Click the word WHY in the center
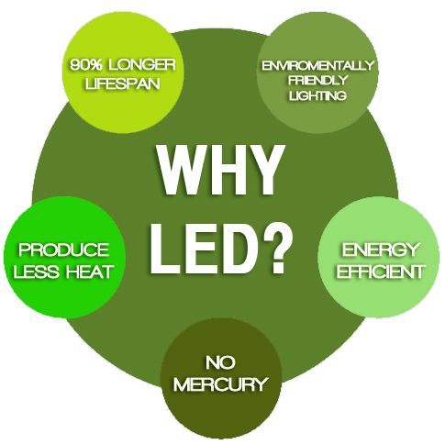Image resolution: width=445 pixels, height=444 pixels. coord(219,171)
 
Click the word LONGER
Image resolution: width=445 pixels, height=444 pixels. coord(141,65)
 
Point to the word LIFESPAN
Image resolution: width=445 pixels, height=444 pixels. coord(123,83)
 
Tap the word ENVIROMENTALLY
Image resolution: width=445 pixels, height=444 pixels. coord(317,65)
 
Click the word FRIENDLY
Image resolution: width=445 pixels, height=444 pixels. coord(317,81)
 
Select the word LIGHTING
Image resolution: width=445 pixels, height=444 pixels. coord(317,95)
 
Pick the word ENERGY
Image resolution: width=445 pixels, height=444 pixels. coord(380,250)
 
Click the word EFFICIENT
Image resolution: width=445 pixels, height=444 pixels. coord(380,271)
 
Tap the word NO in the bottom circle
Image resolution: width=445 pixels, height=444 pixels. coord(220,362)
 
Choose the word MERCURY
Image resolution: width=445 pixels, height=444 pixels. coord(220,384)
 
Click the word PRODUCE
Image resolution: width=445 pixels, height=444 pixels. coord(63,250)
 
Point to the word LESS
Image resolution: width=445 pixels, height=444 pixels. coord(36,272)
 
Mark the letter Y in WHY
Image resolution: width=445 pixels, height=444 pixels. coord(264,171)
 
